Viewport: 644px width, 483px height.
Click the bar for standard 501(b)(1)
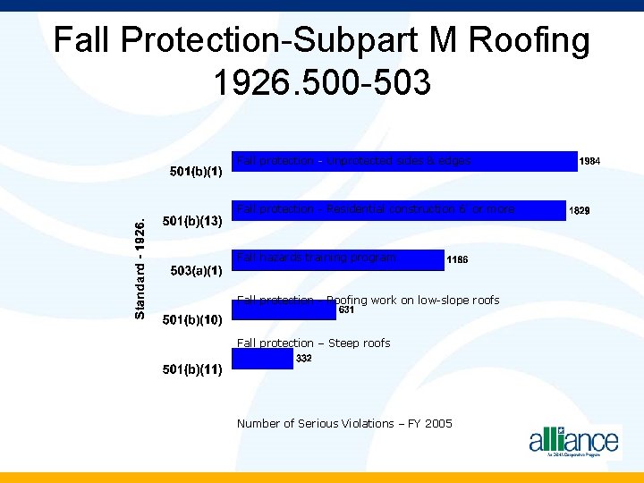404,161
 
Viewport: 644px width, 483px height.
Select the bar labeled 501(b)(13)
399,210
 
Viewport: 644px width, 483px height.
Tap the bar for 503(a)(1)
338,259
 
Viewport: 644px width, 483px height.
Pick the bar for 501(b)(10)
284,310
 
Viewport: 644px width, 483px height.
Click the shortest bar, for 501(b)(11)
262,359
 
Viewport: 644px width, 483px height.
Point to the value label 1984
589,162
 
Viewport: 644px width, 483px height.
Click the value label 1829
580,211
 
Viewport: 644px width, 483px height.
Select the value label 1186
457,260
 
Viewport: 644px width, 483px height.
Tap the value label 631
347,310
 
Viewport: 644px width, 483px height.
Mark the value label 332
303,358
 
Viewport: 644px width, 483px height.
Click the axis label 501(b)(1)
196,172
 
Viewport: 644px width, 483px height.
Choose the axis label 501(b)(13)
191,221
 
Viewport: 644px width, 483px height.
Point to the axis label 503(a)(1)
196,271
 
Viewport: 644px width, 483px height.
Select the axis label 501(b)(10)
191,320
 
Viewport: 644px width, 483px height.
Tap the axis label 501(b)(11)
191,369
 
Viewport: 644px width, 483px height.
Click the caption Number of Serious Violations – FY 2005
344,423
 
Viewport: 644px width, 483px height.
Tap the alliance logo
573,440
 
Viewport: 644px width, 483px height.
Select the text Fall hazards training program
316,258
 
